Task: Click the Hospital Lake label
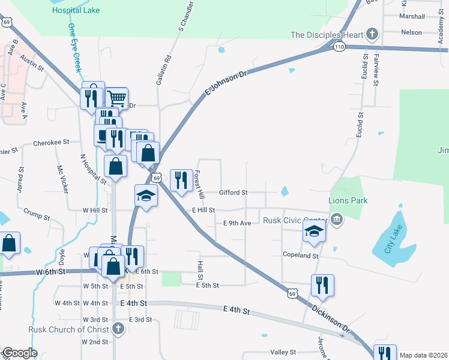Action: coord(76,10)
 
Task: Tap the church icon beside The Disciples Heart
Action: coord(372,34)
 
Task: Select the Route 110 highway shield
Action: coord(340,46)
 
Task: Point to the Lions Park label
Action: coord(348,200)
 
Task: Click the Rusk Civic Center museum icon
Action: coord(337,220)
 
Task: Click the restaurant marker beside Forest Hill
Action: coord(180,179)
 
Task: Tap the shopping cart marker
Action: coord(116,98)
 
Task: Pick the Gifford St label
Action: coord(234,193)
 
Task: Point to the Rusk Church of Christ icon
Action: coord(118,329)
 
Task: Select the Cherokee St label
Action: coord(52,143)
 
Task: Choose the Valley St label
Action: coord(283,352)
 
